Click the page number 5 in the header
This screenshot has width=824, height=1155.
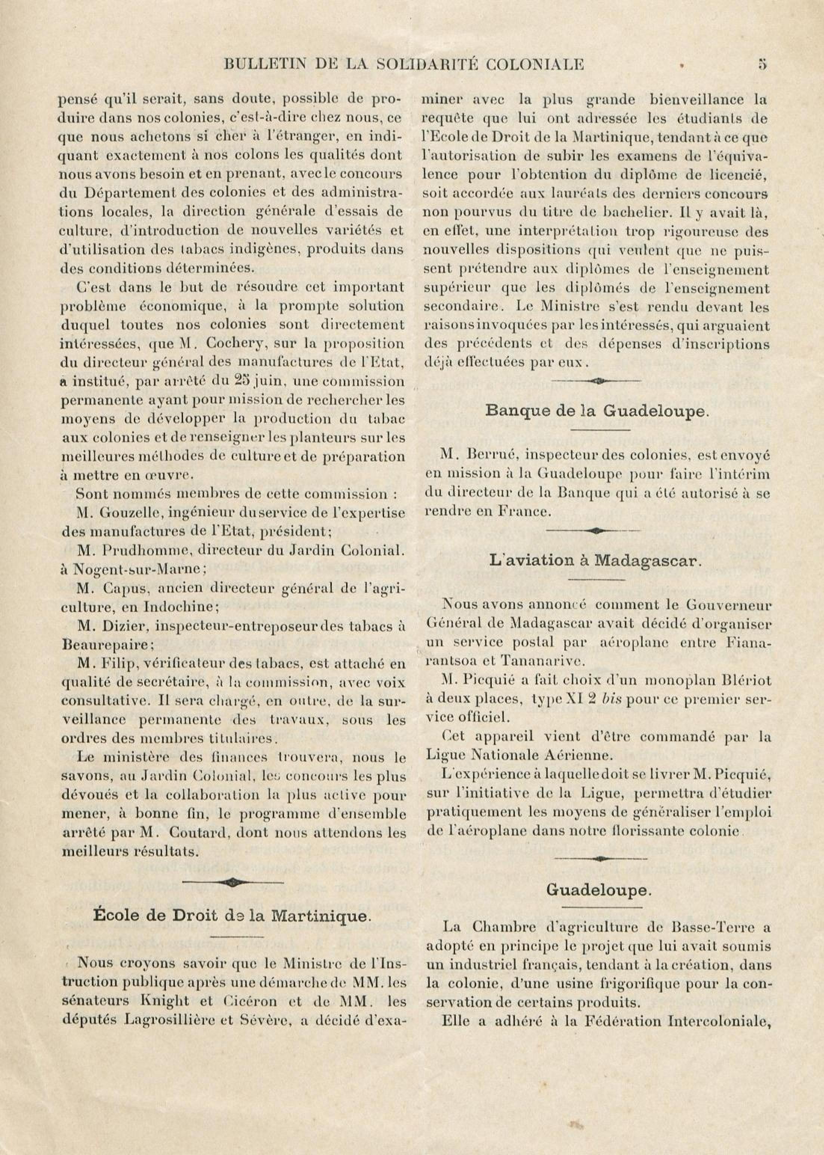point(762,64)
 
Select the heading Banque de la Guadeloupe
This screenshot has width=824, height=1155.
point(596,411)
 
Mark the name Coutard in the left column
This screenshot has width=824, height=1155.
point(197,833)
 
